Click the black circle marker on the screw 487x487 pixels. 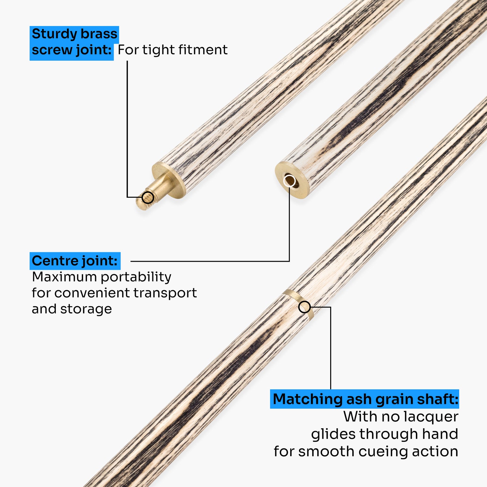[x=148, y=197]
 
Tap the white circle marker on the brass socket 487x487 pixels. [x=289, y=181]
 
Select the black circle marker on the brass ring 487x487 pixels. [x=305, y=307]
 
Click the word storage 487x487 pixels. [x=86, y=309]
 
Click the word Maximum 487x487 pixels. [x=64, y=277]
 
